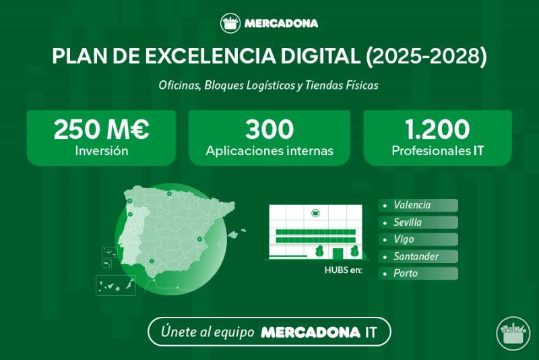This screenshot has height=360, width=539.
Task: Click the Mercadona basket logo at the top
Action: tap(230, 23)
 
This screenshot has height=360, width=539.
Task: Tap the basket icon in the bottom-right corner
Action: tap(513, 334)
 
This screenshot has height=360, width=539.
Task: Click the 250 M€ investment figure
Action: tap(102, 129)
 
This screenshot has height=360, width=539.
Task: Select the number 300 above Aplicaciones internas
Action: tap(269, 129)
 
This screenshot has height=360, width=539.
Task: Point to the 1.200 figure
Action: tap(437, 129)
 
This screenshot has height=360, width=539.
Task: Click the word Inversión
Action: tap(102, 151)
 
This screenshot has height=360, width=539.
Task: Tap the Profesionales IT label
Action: tap(437, 151)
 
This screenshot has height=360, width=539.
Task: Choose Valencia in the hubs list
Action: tap(412, 205)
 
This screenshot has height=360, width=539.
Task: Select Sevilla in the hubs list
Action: tap(408, 222)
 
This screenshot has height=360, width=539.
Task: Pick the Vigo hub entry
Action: tap(404, 239)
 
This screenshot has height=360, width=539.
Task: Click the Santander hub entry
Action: tap(416, 256)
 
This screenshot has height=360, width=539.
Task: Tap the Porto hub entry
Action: tap(406, 273)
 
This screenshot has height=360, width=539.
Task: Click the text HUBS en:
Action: tap(343, 270)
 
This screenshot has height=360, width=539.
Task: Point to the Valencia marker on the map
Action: tap(199, 239)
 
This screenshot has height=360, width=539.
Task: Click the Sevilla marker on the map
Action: tap(152, 262)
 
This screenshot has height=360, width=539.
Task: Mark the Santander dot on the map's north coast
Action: tap(169, 193)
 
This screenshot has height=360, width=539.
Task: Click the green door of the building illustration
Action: tap(338, 253)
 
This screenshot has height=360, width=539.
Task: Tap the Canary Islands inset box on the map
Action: tap(116, 285)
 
